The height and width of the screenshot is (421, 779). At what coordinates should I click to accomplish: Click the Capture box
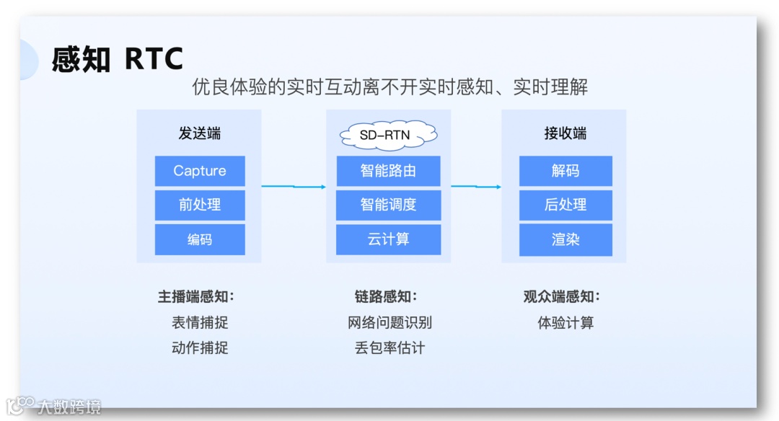point(200,171)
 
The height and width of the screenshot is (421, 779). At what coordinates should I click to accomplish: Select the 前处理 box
point(200,205)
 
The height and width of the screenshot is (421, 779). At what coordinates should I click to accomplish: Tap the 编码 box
point(200,239)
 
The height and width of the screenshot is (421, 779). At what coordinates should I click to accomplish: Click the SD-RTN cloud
point(389,134)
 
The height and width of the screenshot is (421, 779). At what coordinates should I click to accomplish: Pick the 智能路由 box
point(389,171)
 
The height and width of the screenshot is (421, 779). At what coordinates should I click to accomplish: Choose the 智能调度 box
point(389,205)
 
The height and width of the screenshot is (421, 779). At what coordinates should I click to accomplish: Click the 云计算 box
point(389,239)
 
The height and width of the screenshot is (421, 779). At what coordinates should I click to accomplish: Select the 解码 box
point(565,171)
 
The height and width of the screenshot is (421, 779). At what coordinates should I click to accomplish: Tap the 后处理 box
point(565,205)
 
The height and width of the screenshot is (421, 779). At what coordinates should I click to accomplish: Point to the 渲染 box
point(565,239)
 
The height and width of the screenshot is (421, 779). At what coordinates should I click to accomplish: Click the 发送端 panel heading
point(200,133)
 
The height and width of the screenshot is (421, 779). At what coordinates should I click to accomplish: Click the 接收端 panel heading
point(565,133)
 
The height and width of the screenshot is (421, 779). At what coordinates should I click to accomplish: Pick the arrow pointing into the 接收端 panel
point(476,187)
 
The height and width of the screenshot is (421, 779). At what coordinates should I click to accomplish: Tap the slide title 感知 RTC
point(118,59)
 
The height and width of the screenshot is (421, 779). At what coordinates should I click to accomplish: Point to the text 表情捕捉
point(200,322)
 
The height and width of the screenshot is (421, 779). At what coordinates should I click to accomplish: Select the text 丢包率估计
point(389,348)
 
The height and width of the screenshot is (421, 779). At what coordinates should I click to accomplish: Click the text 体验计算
point(565,322)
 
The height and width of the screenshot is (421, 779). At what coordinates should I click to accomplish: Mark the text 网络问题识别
point(389,322)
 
